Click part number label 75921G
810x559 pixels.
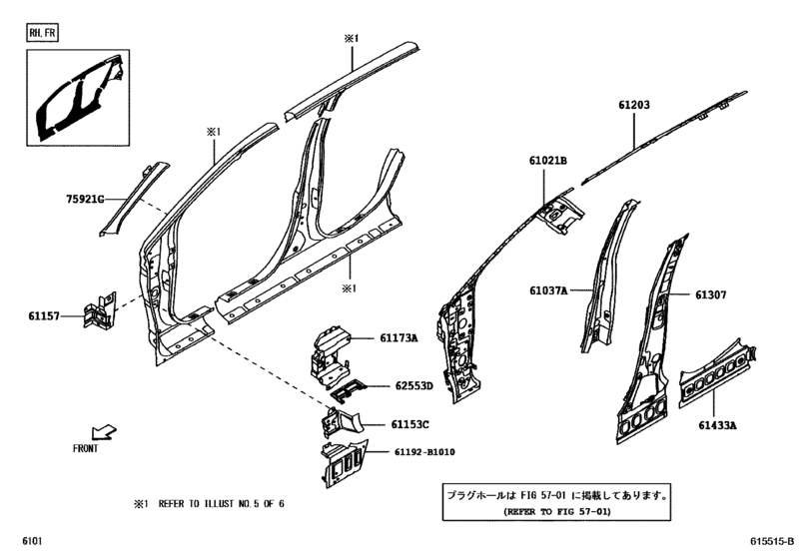(85, 199)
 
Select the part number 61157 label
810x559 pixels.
(44, 315)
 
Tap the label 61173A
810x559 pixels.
(399, 338)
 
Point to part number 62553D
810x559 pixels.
(414, 385)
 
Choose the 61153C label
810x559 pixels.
(409, 424)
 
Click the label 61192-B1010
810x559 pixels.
(424, 452)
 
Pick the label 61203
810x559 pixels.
(634, 105)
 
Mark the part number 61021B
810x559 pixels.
(547, 161)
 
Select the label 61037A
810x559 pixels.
(548, 290)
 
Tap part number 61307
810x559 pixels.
(711, 294)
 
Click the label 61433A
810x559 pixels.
(717, 425)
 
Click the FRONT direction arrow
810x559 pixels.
(104, 432)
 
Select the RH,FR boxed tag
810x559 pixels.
(43, 33)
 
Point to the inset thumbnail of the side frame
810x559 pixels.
(78, 98)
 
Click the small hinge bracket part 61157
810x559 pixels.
(100, 309)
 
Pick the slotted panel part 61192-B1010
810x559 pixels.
(344, 463)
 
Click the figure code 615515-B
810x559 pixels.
(772, 541)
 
